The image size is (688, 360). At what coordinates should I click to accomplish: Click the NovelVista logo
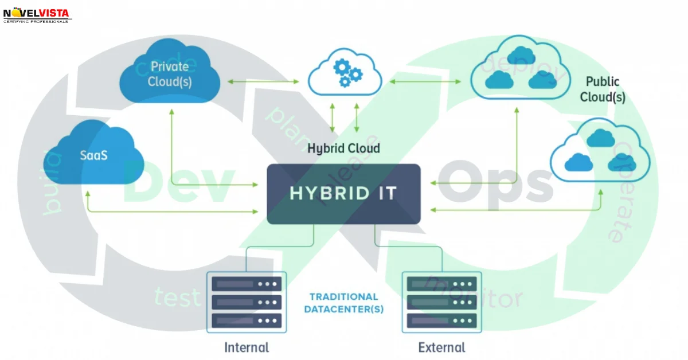point(37,14)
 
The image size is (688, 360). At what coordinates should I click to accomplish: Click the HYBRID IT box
point(343,194)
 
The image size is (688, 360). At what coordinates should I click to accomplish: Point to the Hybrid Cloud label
point(343,148)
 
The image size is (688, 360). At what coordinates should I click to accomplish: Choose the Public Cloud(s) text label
point(602,89)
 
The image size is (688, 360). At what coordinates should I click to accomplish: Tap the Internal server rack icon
point(247,302)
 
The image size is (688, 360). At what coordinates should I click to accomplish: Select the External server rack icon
point(441,302)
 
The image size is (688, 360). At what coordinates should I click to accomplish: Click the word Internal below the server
point(247,347)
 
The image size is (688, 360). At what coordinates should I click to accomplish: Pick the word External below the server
point(441,347)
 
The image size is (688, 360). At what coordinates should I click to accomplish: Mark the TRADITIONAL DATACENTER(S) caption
point(344,303)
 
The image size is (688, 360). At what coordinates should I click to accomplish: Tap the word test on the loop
point(177,297)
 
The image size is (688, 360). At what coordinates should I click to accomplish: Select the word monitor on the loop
point(476,292)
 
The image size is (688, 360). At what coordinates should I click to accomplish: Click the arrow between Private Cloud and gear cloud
point(263,81)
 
